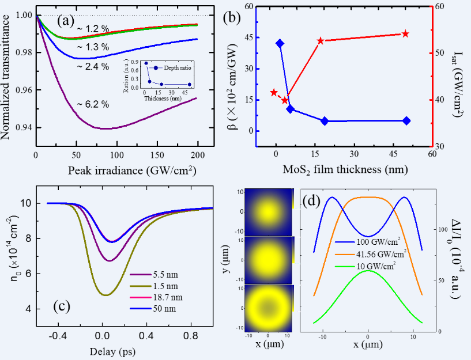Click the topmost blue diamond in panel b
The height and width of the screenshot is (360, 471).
[x=280, y=44]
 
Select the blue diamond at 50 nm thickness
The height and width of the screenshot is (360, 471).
[x=406, y=121]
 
